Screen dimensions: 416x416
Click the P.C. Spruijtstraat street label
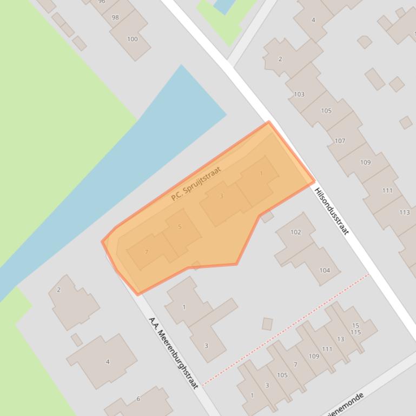(x=196, y=184)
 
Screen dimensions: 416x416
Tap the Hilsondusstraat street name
(x=332, y=208)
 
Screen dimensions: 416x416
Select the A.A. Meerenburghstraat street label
(x=173, y=352)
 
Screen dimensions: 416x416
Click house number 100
(x=133, y=39)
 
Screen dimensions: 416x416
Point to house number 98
(x=115, y=17)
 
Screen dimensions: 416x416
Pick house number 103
(x=299, y=94)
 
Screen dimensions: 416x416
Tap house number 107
(x=340, y=141)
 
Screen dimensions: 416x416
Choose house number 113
(x=405, y=212)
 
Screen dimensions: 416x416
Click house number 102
(x=295, y=232)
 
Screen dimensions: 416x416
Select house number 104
(x=325, y=271)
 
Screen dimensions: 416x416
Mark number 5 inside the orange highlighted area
(x=180, y=227)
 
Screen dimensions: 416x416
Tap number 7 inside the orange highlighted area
(x=147, y=252)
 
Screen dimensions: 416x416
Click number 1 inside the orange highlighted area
(x=261, y=173)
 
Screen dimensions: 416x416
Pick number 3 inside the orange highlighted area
(x=221, y=196)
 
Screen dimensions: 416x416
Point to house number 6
(x=138, y=399)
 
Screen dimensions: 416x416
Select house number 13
(x=340, y=339)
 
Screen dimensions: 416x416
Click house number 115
(x=355, y=332)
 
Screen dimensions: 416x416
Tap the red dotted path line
(x=287, y=328)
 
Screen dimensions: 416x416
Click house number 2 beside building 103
(x=280, y=59)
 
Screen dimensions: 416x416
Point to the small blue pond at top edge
(x=223, y=5)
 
